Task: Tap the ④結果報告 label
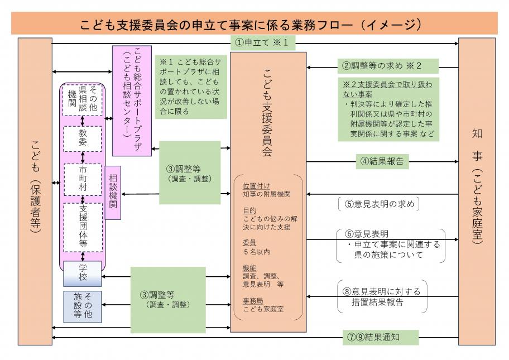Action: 382,162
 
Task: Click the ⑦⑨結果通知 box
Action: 381,338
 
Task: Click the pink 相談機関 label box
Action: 113,193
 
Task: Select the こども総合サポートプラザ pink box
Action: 132,100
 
